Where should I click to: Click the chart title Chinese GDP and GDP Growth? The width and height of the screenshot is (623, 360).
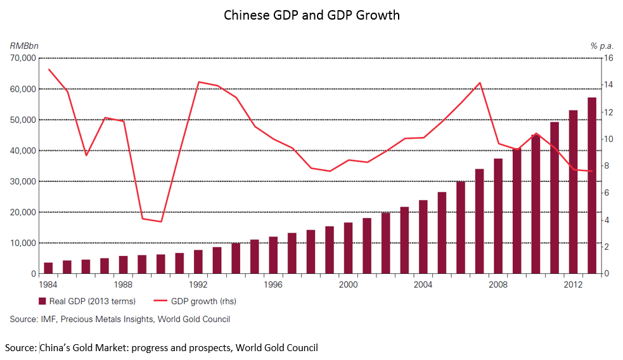click(311, 15)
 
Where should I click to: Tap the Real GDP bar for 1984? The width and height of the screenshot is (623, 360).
click(48, 268)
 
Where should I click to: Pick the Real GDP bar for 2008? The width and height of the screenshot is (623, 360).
click(498, 216)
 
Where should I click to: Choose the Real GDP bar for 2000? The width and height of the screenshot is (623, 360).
click(348, 248)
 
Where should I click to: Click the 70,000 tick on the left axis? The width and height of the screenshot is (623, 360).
click(23, 58)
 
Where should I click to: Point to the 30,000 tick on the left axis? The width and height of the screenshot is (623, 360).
click(23, 181)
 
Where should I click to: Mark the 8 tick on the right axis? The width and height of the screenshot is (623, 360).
click(608, 166)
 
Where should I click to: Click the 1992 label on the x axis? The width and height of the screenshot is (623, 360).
click(198, 285)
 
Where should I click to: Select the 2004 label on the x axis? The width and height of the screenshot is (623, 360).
click(423, 285)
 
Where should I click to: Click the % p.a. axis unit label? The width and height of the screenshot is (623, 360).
click(602, 46)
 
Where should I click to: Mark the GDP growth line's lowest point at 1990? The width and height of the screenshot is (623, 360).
click(161, 221)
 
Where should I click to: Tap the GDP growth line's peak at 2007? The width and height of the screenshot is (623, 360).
click(480, 82)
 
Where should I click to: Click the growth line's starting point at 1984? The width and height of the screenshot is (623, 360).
click(49, 69)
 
